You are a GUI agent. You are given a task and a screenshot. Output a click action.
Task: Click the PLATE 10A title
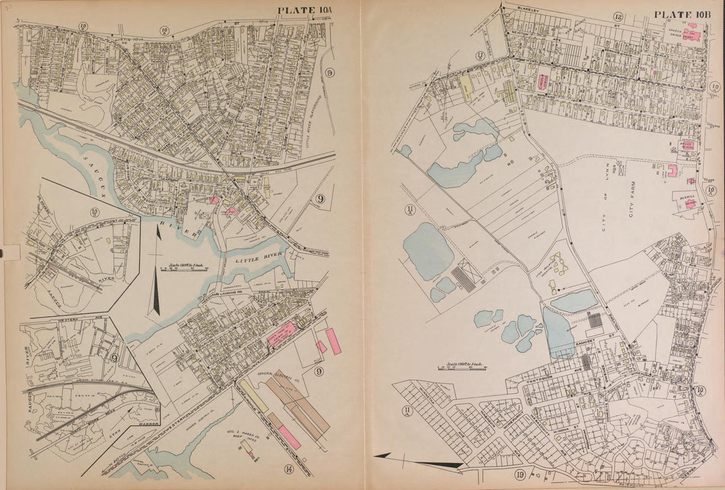pyautogui.click(x=306, y=10)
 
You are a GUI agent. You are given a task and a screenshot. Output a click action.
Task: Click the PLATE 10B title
pyautogui.click(x=680, y=14)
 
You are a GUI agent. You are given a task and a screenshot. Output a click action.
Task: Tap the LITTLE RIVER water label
pyautogui.click(x=258, y=258)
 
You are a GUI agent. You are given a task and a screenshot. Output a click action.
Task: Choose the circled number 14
pyautogui.click(x=289, y=469)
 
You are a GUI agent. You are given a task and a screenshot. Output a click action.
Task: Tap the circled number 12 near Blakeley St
pyautogui.click(x=618, y=17)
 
